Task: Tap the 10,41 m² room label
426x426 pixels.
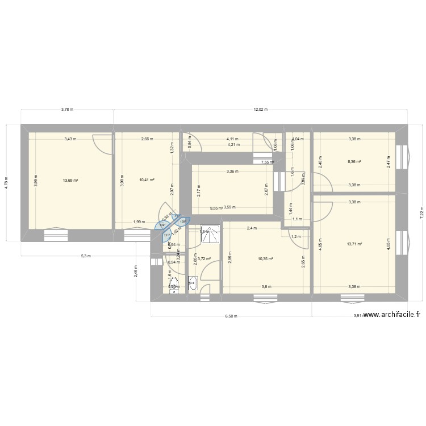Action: point(147,181)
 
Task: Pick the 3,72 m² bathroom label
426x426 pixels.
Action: point(204,259)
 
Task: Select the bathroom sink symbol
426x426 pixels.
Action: point(193,282)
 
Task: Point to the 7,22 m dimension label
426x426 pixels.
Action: point(421,212)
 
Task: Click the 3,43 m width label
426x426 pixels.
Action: point(70,139)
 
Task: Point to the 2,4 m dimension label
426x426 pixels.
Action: point(252,228)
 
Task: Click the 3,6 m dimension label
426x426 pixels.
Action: point(266,287)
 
